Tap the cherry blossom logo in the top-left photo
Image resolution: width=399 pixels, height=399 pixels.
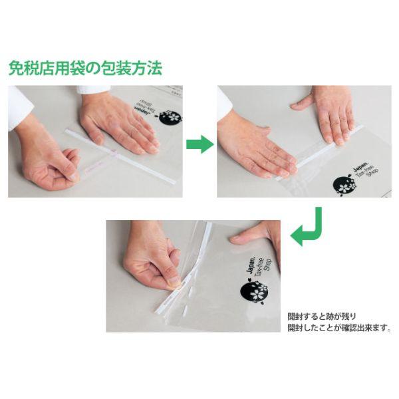coord(171,116)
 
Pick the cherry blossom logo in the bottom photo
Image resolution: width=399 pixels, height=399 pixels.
coord(253,291)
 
